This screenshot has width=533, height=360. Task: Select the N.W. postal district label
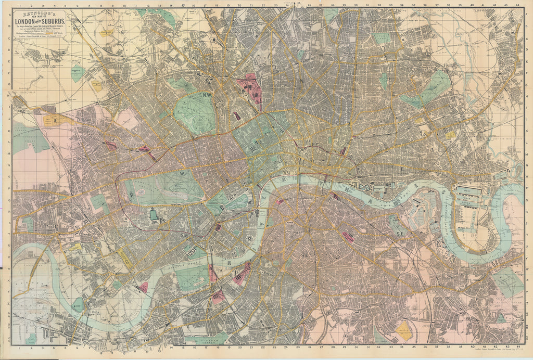pyautogui.click(x=207, y=95)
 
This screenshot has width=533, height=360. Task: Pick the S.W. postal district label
pyautogui.click(x=184, y=235)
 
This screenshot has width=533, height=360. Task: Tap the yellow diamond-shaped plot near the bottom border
pyautogui.click(x=404, y=330)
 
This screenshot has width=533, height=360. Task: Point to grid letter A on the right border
pyautogui.click(x=528, y=14)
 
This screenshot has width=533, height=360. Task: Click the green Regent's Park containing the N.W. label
pyautogui.click(x=195, y=112)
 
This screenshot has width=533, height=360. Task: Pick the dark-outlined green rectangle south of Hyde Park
pyautogui.click(x=153, y=214)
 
